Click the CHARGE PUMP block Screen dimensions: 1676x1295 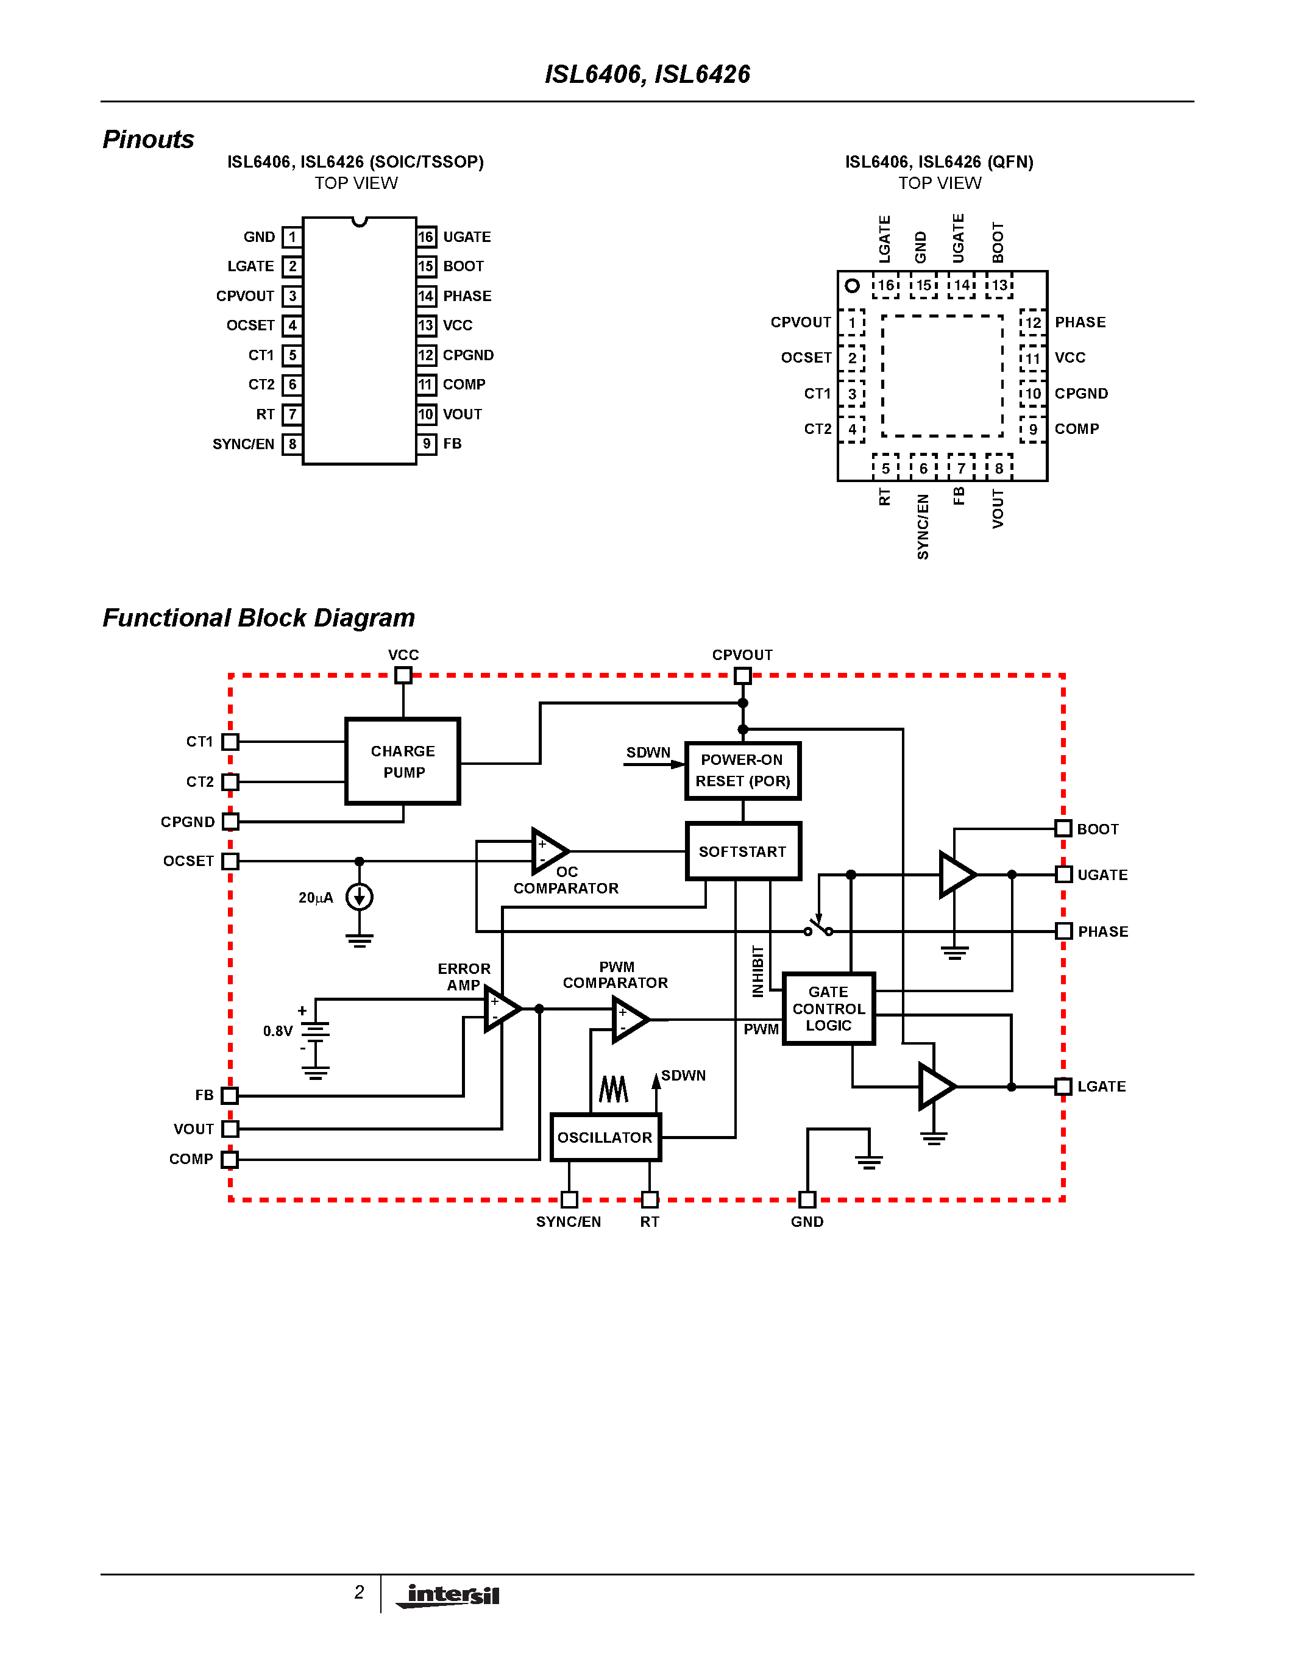click(403, 761)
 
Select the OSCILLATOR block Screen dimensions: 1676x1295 click(605, 1137)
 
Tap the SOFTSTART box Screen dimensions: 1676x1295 click(743, 851)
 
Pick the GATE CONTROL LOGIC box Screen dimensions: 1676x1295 click(829, 1009)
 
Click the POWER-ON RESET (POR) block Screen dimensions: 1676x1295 click(743, 770)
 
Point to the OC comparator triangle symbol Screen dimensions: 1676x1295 click(548, 851)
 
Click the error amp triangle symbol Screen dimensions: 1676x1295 click(501, 1009)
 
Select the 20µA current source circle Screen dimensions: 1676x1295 click(359, 897)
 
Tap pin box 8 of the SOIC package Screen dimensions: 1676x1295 click(291, 444)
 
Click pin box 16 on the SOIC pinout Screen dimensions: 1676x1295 click(427, 237)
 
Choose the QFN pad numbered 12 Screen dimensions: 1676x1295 click(1032, 322)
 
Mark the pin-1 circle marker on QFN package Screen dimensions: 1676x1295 click(851, 285)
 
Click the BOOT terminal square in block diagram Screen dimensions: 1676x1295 click(1063, 828)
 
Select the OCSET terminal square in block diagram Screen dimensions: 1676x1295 click(230, 861)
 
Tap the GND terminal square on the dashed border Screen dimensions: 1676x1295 click(807, 1199)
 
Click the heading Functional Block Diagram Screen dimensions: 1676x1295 click(258, 618)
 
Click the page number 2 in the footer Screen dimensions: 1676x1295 click(359, 1593)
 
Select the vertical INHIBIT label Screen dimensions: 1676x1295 click(758, 971)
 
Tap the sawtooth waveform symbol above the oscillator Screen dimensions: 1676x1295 click(613, 1089)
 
